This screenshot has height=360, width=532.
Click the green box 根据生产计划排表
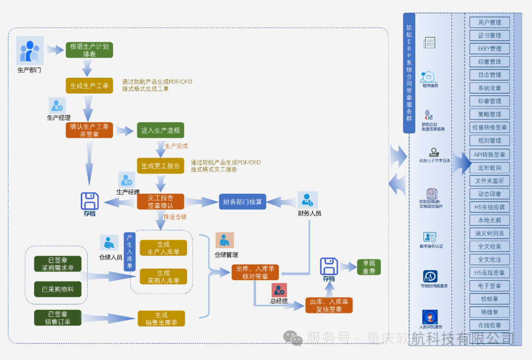[89, 50]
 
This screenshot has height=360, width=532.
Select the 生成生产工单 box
[89, 86]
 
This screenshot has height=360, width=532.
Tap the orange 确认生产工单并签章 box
[89, 130]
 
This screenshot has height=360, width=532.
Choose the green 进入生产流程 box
[161, 131]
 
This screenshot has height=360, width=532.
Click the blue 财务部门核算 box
[242, 201]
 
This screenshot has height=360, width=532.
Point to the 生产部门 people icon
[30, 51]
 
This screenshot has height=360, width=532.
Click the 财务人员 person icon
[307, 200]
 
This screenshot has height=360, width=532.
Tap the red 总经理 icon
[279, 290]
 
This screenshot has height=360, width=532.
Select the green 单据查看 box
[369, 267]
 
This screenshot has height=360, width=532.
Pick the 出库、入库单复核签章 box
[329, 305]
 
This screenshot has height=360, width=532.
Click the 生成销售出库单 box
[161, 319]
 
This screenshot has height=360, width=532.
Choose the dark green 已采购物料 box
[58, 289]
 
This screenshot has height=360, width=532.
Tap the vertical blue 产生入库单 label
[130, 252]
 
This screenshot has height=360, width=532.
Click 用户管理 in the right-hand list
[489, 22]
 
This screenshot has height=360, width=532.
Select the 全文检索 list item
[489, 246]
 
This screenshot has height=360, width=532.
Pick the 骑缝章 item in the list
[489, 312]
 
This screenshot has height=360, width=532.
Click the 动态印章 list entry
[489, 194]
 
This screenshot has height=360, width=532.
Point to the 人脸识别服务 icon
[430, 317]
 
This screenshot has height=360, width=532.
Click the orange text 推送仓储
[175, 217]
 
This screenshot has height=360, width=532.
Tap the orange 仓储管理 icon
[225, 240]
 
